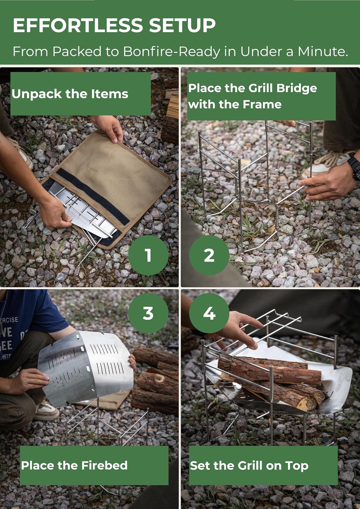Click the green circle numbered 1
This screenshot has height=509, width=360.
pyautogui.click(x=148, y=255)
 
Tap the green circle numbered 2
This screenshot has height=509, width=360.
pyautogui.click(x=209, y=255)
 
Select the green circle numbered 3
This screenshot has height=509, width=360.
pyautogui.click(x=148, y=313)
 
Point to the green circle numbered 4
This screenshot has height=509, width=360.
pyautogui.click(x=209, y=313)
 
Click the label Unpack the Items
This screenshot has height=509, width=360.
pyautogui.click(x=70, y=94)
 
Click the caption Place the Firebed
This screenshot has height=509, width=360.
pyautogui.click(x=74, y=465)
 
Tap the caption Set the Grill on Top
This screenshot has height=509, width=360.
pyautogui.click(x=249, y=466)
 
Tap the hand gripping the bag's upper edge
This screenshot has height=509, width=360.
pyautogui.click(x=110, y=127)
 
